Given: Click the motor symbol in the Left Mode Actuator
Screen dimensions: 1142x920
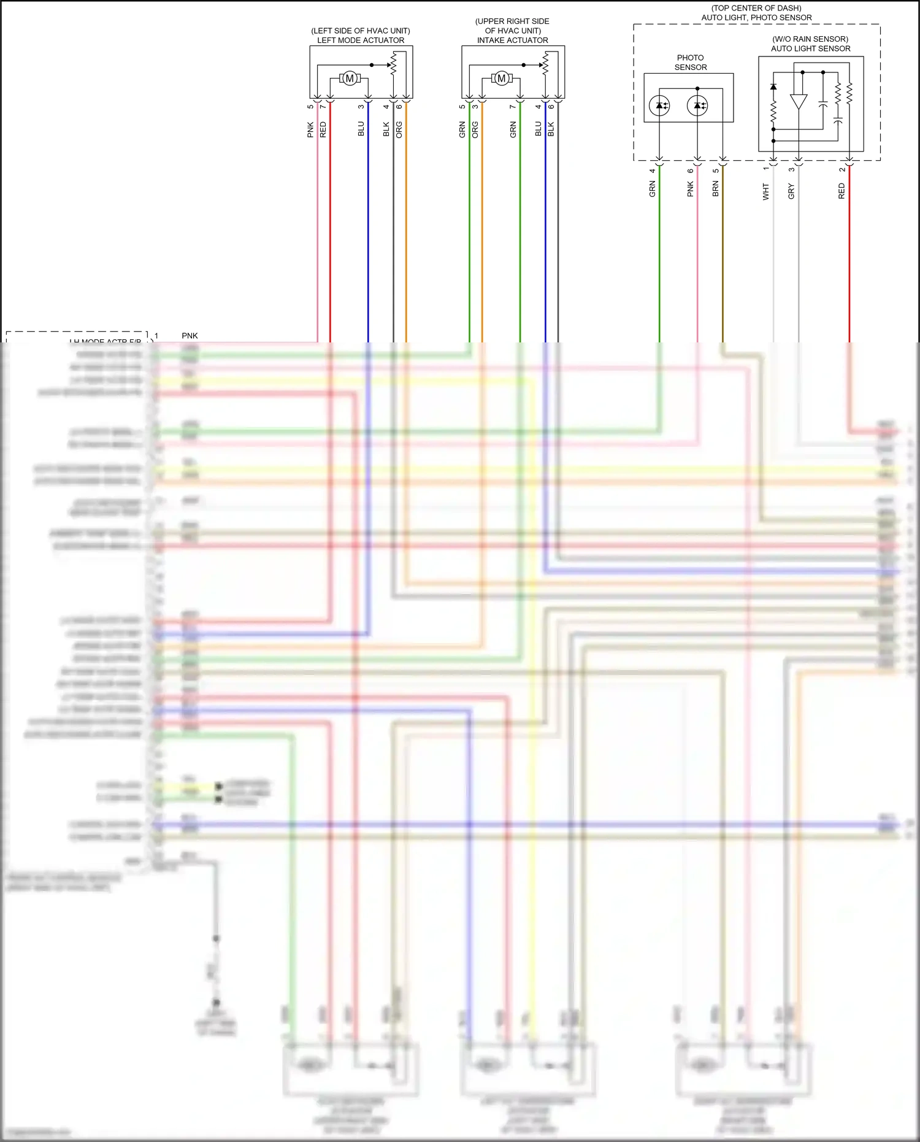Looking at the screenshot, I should pos(350,79).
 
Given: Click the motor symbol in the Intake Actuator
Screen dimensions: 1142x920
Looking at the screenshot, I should pos(502,79).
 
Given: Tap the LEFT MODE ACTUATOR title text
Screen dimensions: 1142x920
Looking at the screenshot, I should pos(361,41).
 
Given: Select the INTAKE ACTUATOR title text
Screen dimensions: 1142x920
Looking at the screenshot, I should pos(513,41).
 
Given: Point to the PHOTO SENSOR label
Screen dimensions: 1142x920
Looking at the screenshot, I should pos(691,63).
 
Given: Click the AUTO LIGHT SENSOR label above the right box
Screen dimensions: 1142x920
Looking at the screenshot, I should pos(811,48).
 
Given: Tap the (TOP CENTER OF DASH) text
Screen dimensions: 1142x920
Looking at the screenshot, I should pos(756,8).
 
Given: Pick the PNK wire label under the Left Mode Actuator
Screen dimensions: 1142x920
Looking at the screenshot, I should pos(311,129).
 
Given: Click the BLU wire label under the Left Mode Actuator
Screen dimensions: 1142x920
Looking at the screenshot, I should pos(361,129).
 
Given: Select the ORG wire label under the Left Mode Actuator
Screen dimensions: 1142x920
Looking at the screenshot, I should pos(399,129).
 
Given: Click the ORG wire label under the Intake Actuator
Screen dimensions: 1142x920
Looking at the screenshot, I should pos(475,129).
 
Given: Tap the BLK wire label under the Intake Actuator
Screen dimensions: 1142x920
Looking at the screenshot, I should pos(551,129).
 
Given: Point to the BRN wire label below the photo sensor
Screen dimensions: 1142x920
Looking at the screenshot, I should pos(715,189).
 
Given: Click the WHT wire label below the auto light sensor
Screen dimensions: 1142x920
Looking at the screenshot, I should pos(766,191).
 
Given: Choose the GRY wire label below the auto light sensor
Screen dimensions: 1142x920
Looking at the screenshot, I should pos(791,191).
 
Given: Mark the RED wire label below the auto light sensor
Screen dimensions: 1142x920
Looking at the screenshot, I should pos(841,191).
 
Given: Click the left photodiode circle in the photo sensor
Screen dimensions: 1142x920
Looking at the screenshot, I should pos(659,106).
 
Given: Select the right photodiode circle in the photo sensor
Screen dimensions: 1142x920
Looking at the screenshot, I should pos(697,106).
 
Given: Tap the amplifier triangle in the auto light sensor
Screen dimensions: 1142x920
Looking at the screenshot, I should pos(798,102).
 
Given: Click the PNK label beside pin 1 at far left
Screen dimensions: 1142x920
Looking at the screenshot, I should pos(190,336).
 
